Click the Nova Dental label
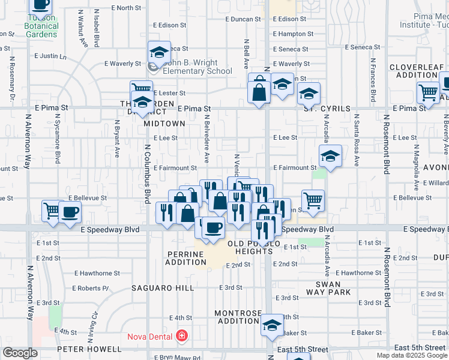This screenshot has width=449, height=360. click(x=149, y=337)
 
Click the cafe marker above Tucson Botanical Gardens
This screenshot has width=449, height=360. click(x=40, y=5)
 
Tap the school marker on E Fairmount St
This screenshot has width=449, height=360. click(x=330, y=157)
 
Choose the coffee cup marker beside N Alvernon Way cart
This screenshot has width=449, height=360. click(x=70, y=213)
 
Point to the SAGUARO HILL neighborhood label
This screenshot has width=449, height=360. click(x=163, y=288)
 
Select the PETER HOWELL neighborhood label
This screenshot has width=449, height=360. click(x=89, y=349)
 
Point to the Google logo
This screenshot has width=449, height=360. click(x=20, y=353)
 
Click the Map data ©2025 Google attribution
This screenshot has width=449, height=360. click(x=411, y=355)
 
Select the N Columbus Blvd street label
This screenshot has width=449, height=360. click(x=147, y=174)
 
